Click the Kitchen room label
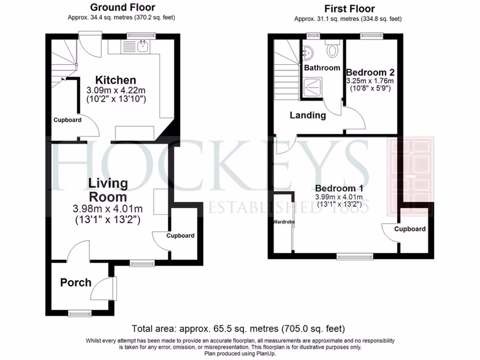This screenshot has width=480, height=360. pyautogui.click(x=116, y=80)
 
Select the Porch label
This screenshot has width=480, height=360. pyautogui.click(x=75, y=283)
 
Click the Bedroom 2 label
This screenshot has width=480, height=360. pyautogui.click(x=370, y=73)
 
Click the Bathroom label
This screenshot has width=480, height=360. pyautogui.click(x=322, y=67)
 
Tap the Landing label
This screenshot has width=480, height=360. pyautogui.click(x=307, y=115)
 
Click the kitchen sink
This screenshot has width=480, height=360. pyautogui.click(x=142, y=46)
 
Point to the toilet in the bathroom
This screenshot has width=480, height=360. pyautogui.click(x=333, y=49)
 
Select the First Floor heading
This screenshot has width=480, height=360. pyautogui.click(x=349, y=9)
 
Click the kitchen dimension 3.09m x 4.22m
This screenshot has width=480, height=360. pyautogui.click(x=116, y=90)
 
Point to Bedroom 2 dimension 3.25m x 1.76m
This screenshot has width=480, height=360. pyautogui.click(x=370, y=81)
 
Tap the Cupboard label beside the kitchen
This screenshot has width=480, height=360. pyautogui.click(x=67, y=120)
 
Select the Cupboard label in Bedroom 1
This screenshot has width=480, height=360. pyautogui.click(x=410, y=229)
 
